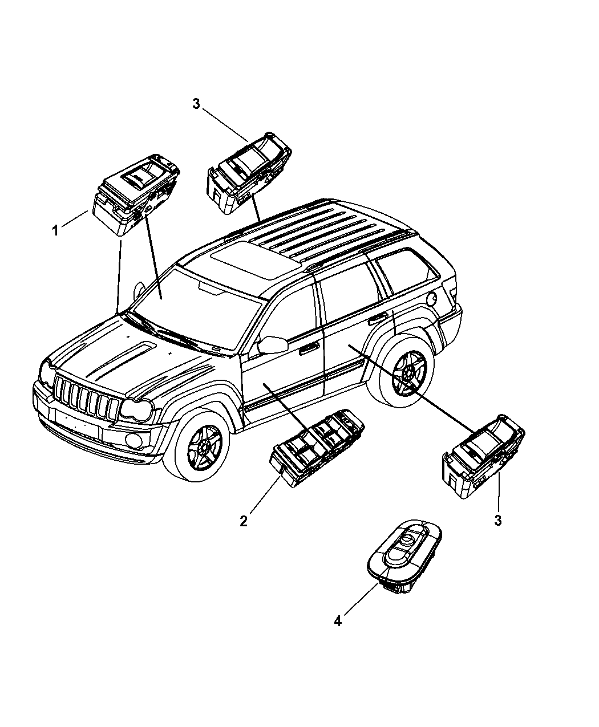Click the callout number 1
tap(55, 230)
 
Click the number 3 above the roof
tap(197, 103)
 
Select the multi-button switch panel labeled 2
tap(317, 448)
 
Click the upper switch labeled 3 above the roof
tap(249, 172)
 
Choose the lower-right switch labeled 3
tap(484, 456)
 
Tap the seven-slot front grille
tap(87, 396)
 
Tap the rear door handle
tap(378, 319)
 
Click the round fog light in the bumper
tap(133, 440)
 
